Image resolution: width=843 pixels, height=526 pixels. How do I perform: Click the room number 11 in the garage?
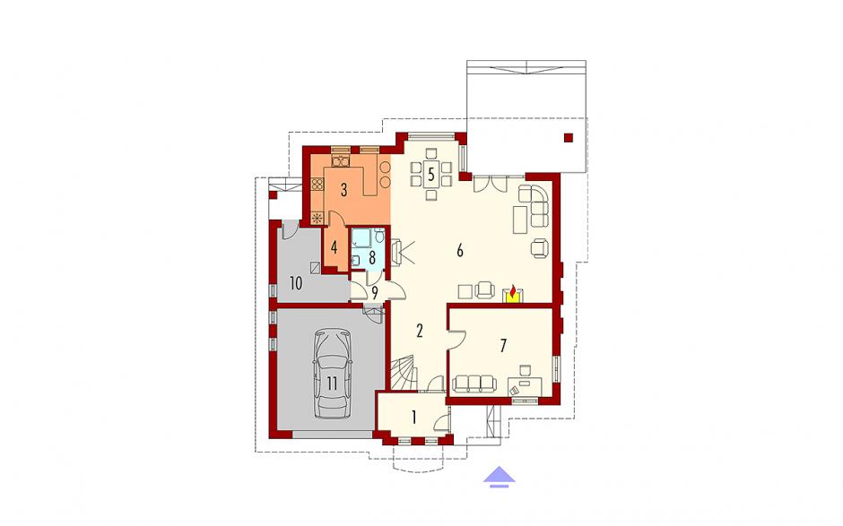pyautogui.click(x=332, y=384)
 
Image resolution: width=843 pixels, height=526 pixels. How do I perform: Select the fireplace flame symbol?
pyautogui.click(x=513, y=292)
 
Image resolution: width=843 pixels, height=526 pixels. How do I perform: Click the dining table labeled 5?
pyautogui.click(x=430, y=174)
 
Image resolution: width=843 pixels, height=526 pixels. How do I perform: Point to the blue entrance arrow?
pyautogui.click(x=499, y=477)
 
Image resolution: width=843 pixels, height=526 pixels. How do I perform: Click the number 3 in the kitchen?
pyautogui.click(x=343, y=189)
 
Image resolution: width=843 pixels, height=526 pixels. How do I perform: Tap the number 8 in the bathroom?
pyautogui.click(x=371, y=258)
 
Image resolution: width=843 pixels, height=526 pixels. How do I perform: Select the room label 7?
pyautogui.click(x=503, y=346)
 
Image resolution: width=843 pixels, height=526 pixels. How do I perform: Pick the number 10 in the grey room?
pyautogui.click(x=296, y=283)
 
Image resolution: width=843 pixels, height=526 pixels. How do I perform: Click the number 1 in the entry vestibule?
pyautogui.click(x=413, y=418)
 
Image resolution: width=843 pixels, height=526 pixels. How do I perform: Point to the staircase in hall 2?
pyautogui.click(x=403, y=373)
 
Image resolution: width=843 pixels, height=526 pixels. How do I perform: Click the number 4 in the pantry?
pyautogui.click(x=334, y=248)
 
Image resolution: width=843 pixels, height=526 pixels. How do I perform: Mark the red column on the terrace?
pyautogui.click(x=569, y=137)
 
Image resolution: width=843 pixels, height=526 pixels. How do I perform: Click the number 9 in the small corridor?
pyautogui.click(x=375, y=293)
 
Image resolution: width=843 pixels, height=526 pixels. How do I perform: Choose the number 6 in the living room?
pyautogui.click(x=460, y=250)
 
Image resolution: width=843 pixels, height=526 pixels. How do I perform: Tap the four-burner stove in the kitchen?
pyautogui.click(x=317, y=185)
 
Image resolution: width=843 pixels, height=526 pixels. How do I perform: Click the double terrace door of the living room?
pyautogui.click(x=490, y=184)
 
